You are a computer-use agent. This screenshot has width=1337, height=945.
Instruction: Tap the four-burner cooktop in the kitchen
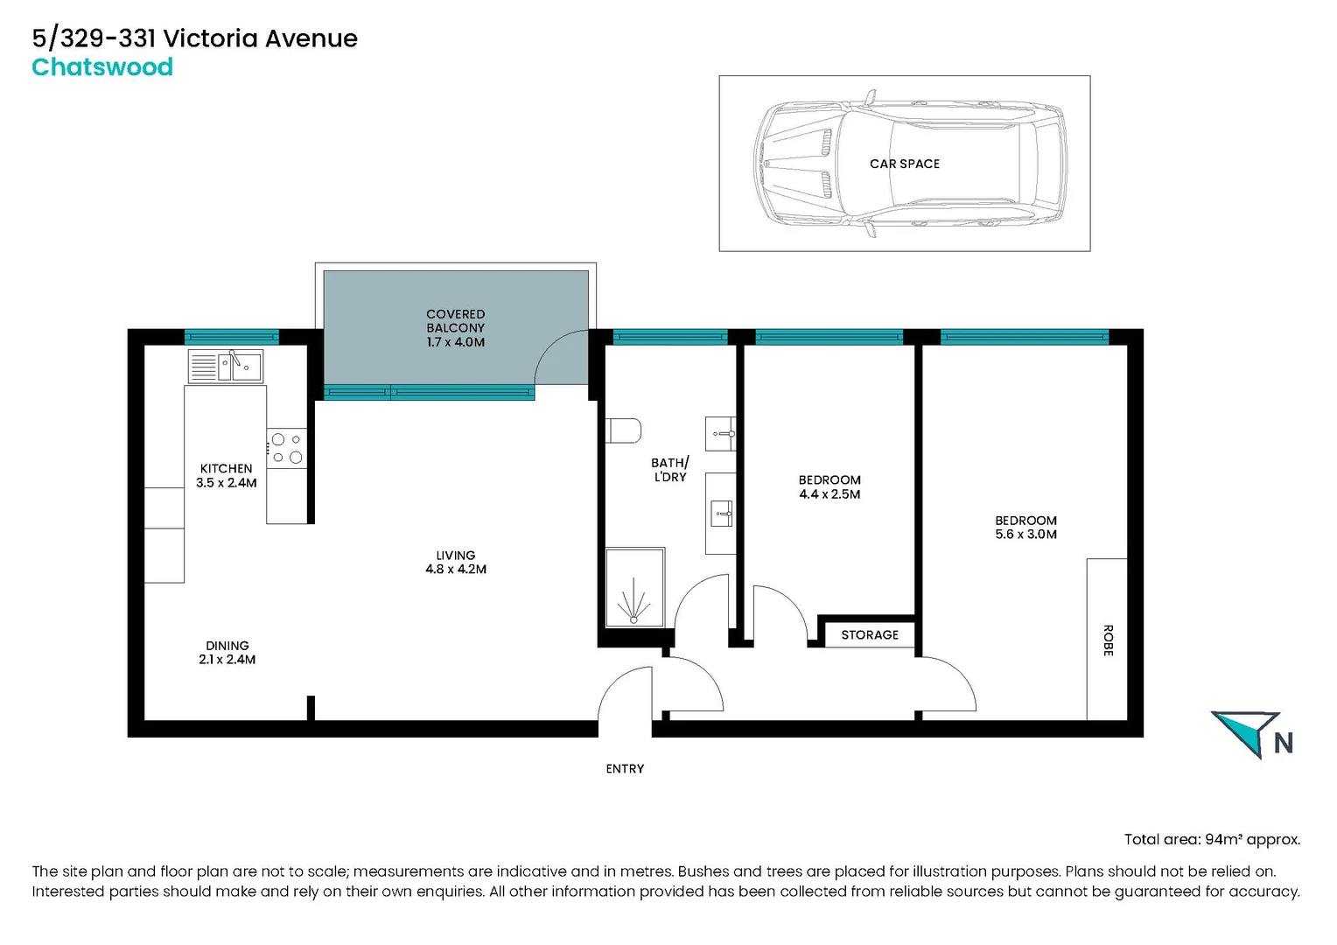coord(287,448)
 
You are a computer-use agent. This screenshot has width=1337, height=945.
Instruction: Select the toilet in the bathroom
coord(624,430)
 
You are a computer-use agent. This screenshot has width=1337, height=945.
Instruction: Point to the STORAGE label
coord(870,634)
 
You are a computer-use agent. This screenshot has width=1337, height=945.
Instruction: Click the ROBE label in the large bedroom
coord(1108,640)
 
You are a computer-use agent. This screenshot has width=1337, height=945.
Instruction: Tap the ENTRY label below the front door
coord(625,768)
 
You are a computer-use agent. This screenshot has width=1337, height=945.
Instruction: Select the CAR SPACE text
coord(905,164)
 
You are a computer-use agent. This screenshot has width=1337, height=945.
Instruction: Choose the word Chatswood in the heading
coord(102,67)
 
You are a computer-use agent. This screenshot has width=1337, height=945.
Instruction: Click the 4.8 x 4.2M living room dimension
coord(456,569)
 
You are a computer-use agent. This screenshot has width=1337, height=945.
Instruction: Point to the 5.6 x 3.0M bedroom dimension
coord(1025,534)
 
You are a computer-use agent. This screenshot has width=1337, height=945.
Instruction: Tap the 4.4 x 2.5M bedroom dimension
coord(829,494)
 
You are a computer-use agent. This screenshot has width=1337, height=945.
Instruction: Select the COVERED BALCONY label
coord(455,320)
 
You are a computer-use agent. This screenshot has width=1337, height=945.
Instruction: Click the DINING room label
coord(227,646)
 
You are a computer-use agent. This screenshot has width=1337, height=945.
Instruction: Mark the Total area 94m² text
coord(1212,839)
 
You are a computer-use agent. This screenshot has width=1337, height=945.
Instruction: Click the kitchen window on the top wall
coord(231,337)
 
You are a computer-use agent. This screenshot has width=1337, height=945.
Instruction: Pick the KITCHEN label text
coord(226,468)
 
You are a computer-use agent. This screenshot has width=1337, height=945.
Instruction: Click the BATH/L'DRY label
coord(670,469)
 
